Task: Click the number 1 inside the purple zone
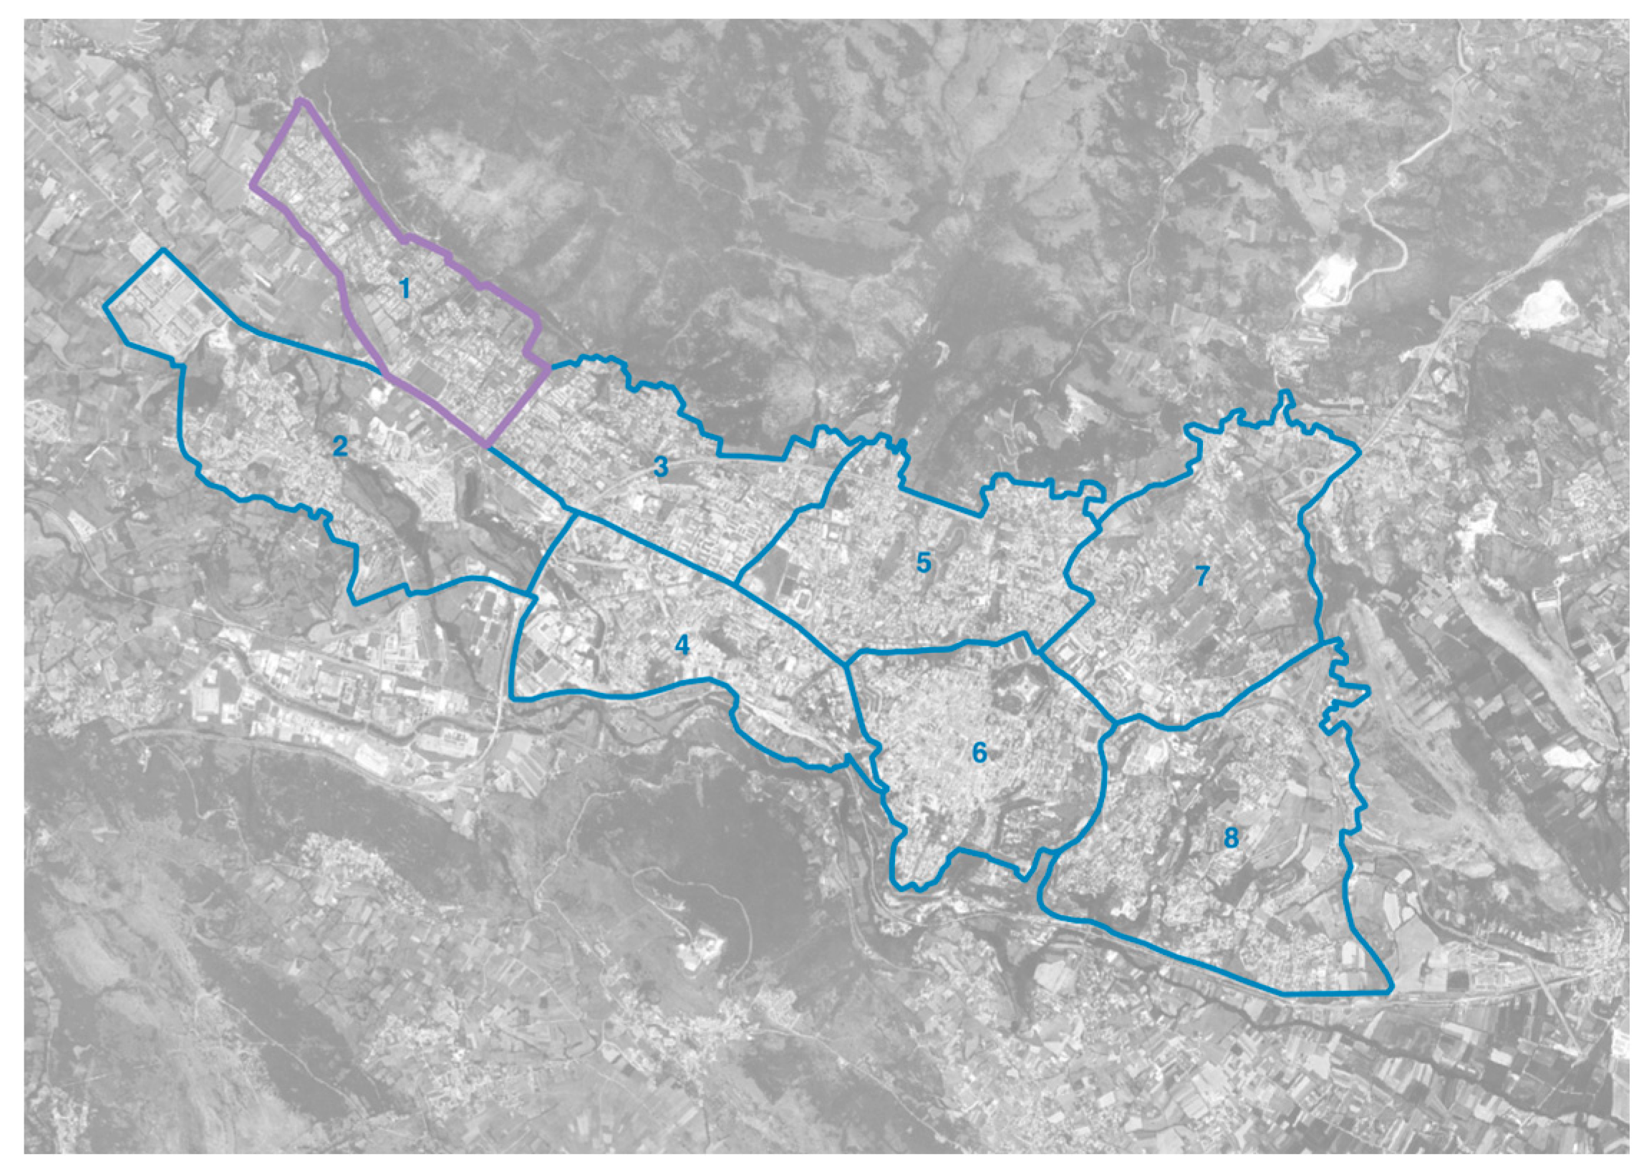[404, 289]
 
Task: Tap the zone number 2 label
[340, 447]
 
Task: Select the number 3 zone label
[661, 467]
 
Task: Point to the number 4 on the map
[682, 646]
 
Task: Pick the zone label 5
[923, 563]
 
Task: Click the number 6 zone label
[979, 752]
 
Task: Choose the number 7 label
[1201, 576]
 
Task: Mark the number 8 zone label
[1230, 838]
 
